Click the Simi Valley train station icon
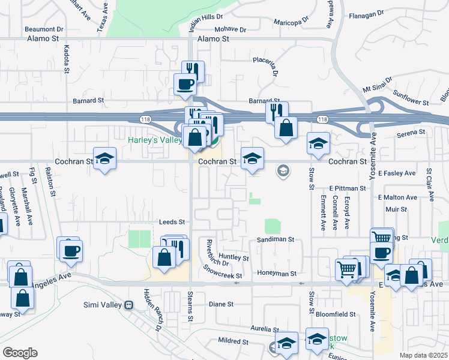pyautogui.click(x=128, y=305)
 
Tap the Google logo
pyautogui.click(x=20, y=353)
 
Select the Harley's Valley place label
pyautogui.click(x=154, y=140)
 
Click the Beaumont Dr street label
pyautogui.click(x=44, y=28)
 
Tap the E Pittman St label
pyautogui.click(x=348, y=188)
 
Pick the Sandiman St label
pyautogui.click(x=276, y=239)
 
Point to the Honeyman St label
pyautogui.click(x=277, y=274)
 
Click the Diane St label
pyautogui.click(x=221, y=304)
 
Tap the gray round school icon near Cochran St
pyautogui.click(x=282, y=172)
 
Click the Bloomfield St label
pyautogui.click(x=336, y=314)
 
